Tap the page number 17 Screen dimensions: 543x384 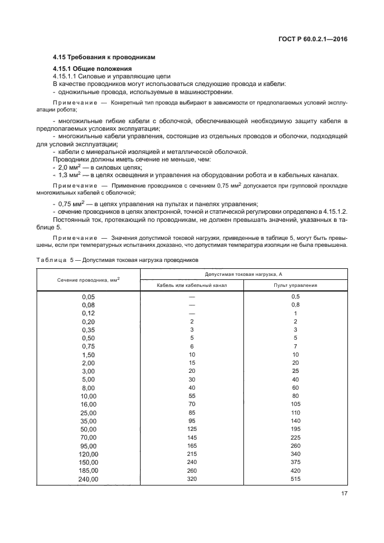[x=343, y=495]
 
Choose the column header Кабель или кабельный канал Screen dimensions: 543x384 [x=192, y=285]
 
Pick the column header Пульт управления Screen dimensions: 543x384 [x=295, y=285]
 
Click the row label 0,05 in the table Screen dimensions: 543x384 [x=88, y=296]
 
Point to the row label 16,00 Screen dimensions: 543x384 [x=88, y=404]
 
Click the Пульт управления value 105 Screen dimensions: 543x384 [x=295, y=404]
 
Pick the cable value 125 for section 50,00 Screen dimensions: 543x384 [x=192, y=429]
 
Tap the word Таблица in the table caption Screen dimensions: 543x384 [x=52, y=260]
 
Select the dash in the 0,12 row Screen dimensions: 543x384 [x=192, y=312]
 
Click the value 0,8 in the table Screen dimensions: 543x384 [x=295, y=304]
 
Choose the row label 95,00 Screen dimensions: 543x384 [x=88, y=445]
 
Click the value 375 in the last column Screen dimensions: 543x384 [x=295, y=462]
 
